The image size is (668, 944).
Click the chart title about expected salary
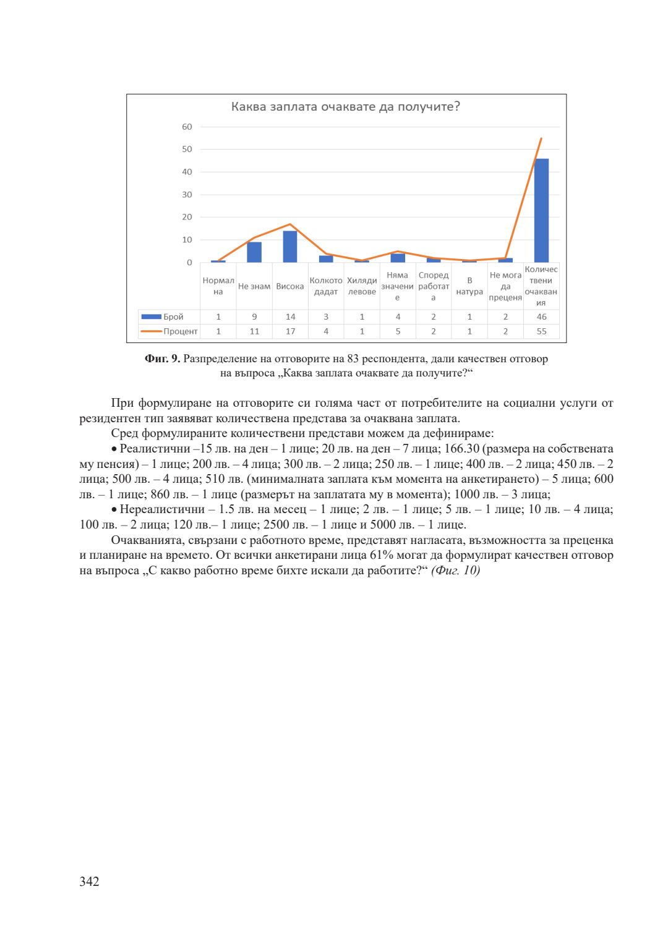[x=345, y=107]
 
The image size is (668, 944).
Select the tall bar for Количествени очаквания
[x=541, y=210]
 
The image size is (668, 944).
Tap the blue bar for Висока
[x=290, y=247]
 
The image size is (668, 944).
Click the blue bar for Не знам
[x=254, y=252]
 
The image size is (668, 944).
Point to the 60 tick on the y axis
[x=187, y=127]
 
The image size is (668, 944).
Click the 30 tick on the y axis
[x=187, y=195]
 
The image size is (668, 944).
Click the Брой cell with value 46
[x=541, y=317]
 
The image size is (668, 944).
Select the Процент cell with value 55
[x=541, y=331]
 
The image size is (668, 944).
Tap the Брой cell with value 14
[x=290, y=317]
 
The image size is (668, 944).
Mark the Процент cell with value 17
[x=290, y=331]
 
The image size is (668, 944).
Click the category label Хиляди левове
[x=362, y=286]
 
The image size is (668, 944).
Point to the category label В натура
[x=469, y=286]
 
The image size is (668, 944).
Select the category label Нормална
[x=218, y=286]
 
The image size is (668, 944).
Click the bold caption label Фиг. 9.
[x=162, y=359]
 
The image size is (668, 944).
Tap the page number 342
[x=89, y=882]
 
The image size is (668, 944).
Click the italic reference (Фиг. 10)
[x=455, y=571]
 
